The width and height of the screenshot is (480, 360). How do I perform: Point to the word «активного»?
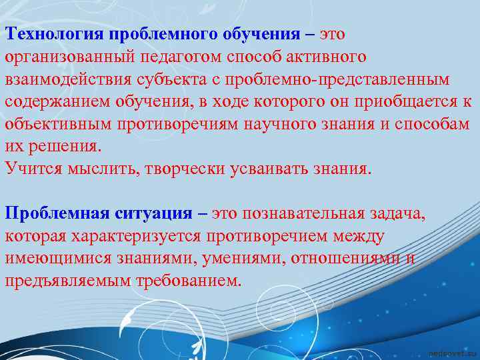[325, 57]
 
